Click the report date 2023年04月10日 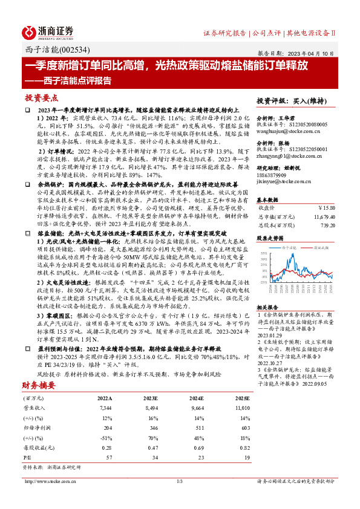click(309, 53)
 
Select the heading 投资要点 click(42, 98)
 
